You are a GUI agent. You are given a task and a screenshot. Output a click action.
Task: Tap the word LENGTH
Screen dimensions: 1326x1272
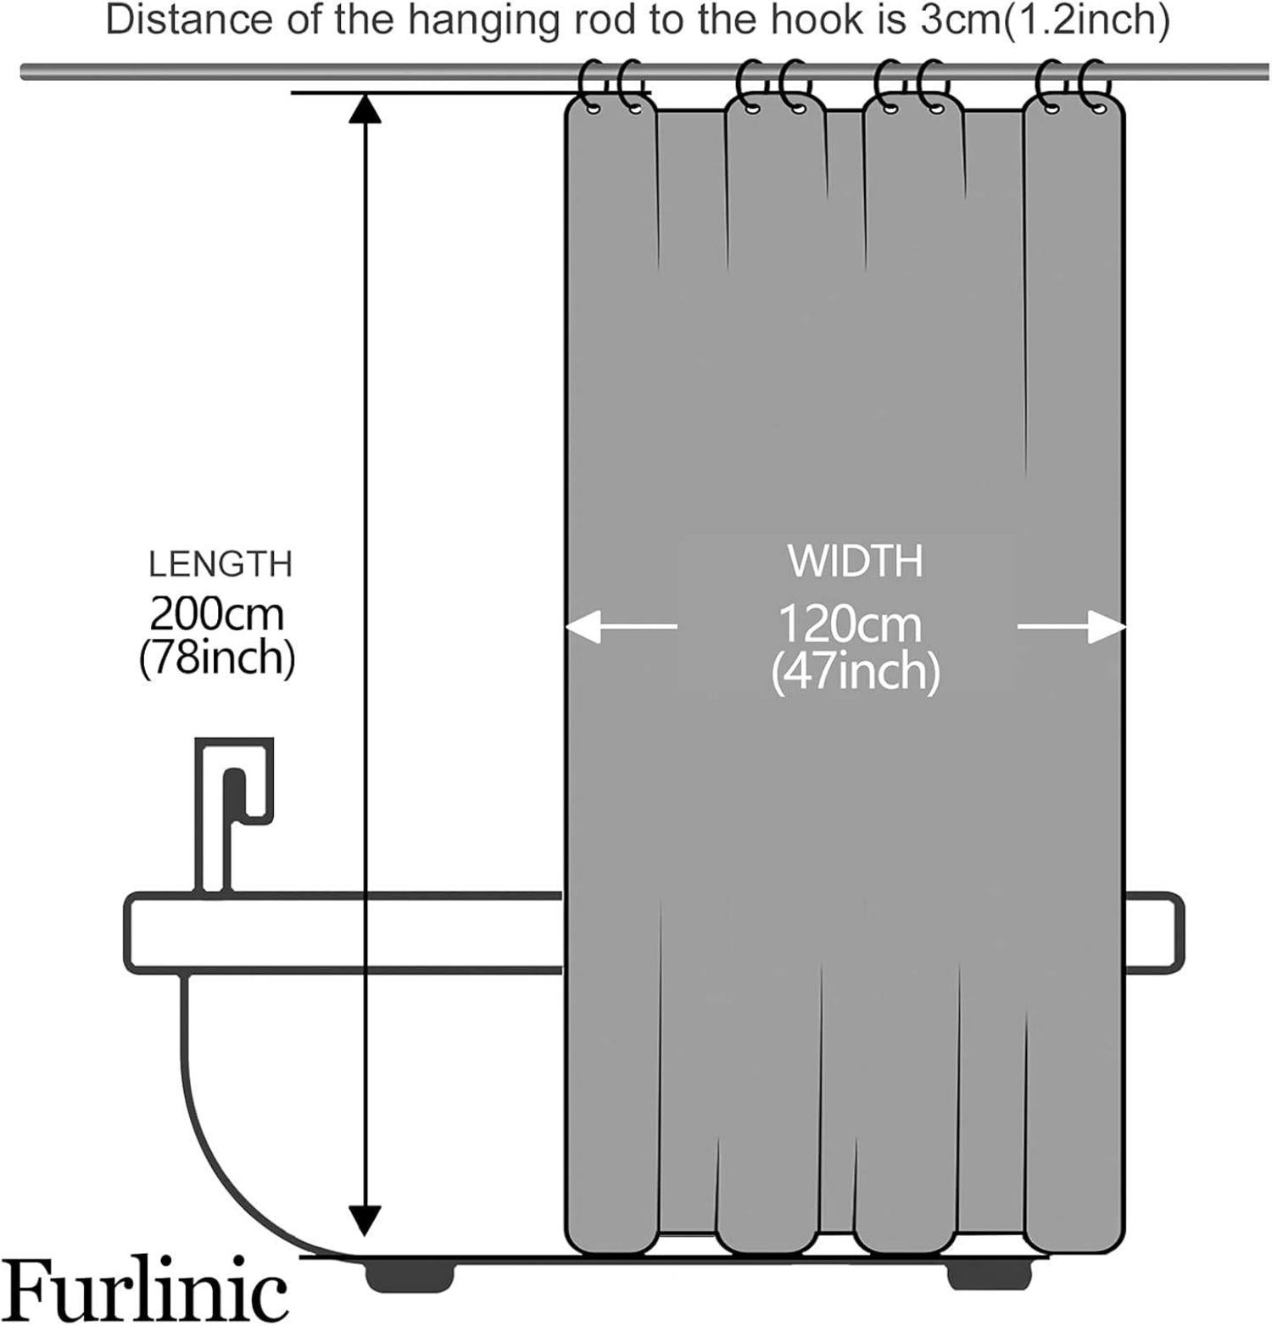220,564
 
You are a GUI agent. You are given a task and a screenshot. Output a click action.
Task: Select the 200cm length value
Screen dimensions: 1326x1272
217,613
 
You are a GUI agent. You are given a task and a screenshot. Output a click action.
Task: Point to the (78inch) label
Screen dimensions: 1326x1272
217,657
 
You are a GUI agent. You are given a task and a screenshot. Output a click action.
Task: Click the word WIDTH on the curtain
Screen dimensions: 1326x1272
855,561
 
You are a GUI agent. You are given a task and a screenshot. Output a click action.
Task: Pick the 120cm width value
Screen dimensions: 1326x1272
850,624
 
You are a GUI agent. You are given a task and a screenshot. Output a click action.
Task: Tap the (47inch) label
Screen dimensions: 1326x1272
855,672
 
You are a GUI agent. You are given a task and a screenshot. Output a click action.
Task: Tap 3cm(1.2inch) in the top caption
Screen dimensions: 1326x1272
1045,21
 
